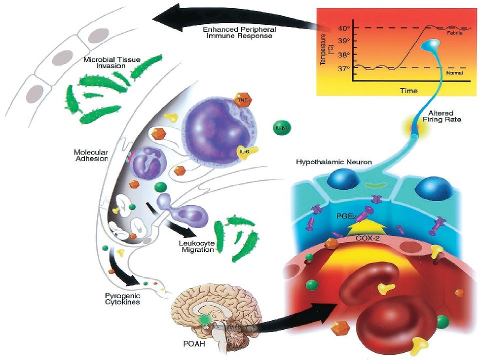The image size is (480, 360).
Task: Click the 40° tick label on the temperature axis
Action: click(x=344, y=28)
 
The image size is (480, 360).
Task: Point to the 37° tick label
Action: click(x=344, y=68)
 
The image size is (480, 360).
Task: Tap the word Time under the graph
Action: click(x=408, y=90)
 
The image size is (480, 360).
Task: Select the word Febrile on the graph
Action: click(x=454, y=33)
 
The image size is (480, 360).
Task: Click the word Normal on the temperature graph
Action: click(x=454, y=73)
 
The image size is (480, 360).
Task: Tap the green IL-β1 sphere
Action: click(x=281, y=127)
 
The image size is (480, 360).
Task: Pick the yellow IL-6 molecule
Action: click(x=246, y=152)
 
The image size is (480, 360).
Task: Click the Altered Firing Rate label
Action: click(x=441, y=116)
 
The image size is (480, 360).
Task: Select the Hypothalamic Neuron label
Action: click(x=333, y=161)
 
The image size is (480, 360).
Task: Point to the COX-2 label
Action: click(x=367, y=238)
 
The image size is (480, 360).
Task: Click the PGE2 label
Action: click(x=346, y=216)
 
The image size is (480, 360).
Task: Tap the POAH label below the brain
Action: click(x=194, y=344)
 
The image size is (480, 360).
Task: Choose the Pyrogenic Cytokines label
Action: click(x=122, y=299)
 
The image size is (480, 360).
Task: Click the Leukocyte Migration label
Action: click(x=197, y=246)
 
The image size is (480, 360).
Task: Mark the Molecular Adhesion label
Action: click(x=91, y=155)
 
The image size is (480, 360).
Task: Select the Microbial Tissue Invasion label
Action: click(x=111, y=62)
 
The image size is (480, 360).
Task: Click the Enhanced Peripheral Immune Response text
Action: click(x=239, y=32)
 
